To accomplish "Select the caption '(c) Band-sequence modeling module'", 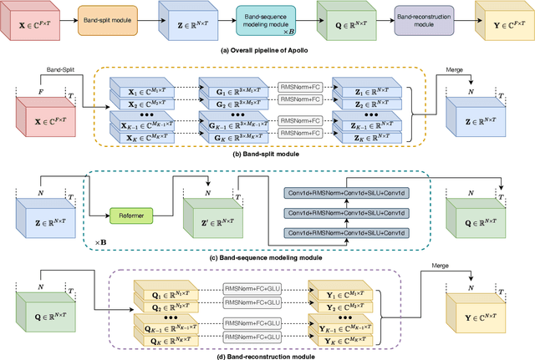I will pos(267,258).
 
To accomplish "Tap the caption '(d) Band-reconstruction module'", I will pos(267,355).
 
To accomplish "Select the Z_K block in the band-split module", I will pos(359,137).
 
